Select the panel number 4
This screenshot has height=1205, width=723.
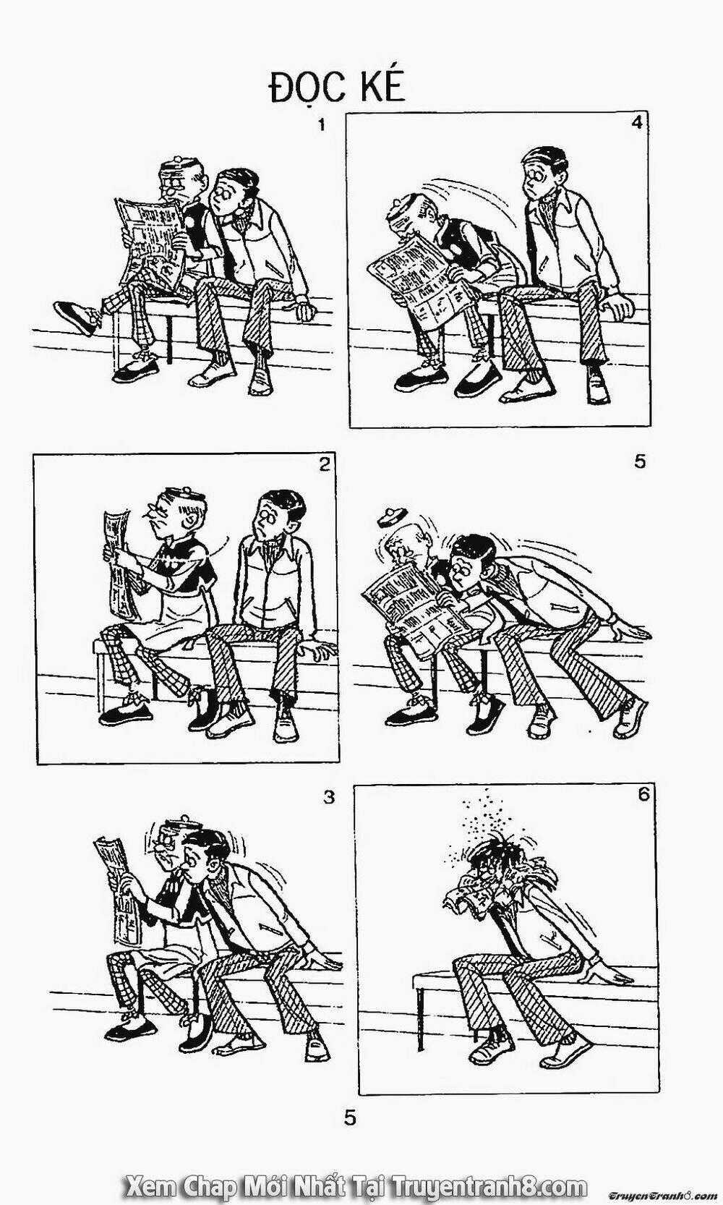(x=636, y=123)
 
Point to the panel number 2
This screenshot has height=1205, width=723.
(x=324, y=464)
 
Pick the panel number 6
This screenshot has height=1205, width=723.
(x=644, y=795)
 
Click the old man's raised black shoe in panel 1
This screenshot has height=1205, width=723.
(x=77, y=317)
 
